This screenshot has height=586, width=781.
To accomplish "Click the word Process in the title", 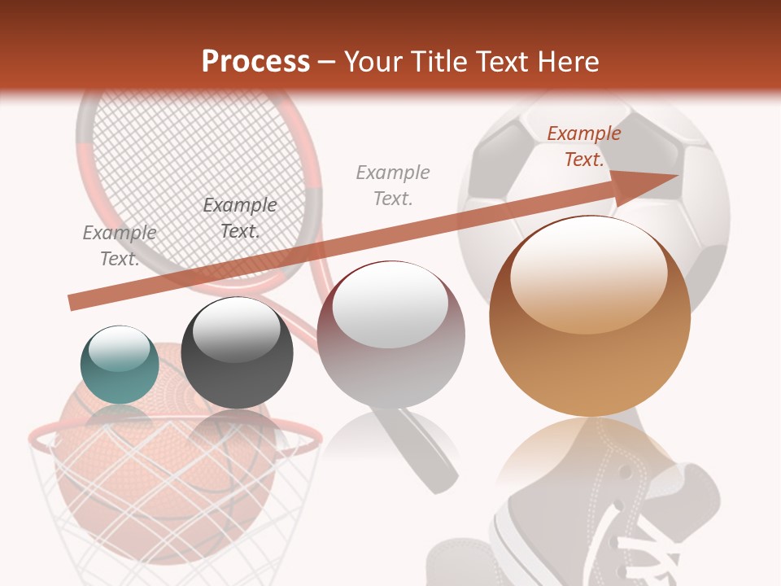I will pyautogui.click(x=255, y=62).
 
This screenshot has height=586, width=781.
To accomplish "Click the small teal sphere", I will pyautogui.click(x=120, y=365).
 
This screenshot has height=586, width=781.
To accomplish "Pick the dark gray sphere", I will pyautogui.click(x=237, y=352).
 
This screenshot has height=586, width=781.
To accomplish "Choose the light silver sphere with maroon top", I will pyautogui.click(x=390, y=335).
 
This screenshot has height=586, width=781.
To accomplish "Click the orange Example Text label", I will pyautogui.click(x=583, y=146).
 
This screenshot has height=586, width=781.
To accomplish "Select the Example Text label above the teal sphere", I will pyautogui.click(x=120, y=246).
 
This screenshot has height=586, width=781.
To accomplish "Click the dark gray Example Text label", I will pyautogui.click(x=239, y=218).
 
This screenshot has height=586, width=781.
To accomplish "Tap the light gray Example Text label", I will pyautogui.click(x=393, y=185).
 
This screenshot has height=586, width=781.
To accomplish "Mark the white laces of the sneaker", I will pyautogui.click(x=643, y=553).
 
